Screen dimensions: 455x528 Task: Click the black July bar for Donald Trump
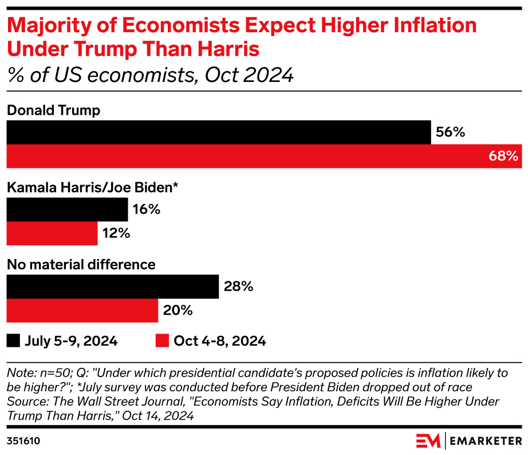218,132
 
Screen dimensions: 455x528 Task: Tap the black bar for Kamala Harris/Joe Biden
67,210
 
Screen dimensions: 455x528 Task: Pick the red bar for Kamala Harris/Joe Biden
52,233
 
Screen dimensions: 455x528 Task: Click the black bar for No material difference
112,287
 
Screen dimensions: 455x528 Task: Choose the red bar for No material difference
82,311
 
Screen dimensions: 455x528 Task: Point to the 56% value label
450,132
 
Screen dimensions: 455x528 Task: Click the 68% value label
504,156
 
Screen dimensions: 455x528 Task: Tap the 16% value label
146,210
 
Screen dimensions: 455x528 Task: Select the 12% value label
116,233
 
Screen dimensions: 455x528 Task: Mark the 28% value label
238,287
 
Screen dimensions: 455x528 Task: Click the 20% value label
178,311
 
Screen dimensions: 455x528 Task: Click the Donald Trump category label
53,111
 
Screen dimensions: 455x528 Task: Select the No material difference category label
81,264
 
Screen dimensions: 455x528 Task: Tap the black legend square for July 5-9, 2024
13,341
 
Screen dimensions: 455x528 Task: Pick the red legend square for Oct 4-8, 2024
163,341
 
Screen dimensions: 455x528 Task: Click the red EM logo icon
428,441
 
